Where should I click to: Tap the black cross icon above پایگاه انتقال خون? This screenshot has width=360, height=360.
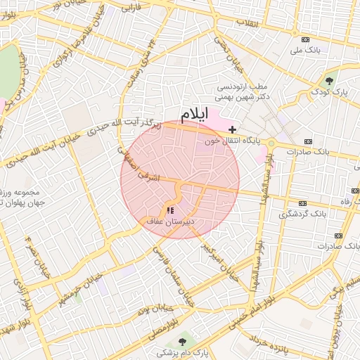click(233, 130)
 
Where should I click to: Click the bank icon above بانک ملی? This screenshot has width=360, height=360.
click(304, 39)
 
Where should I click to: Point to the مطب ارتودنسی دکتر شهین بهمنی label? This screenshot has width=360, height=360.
click(243, 93)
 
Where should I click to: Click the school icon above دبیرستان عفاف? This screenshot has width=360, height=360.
click(169, 210)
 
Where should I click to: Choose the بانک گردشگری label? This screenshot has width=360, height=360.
click(303, 213)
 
